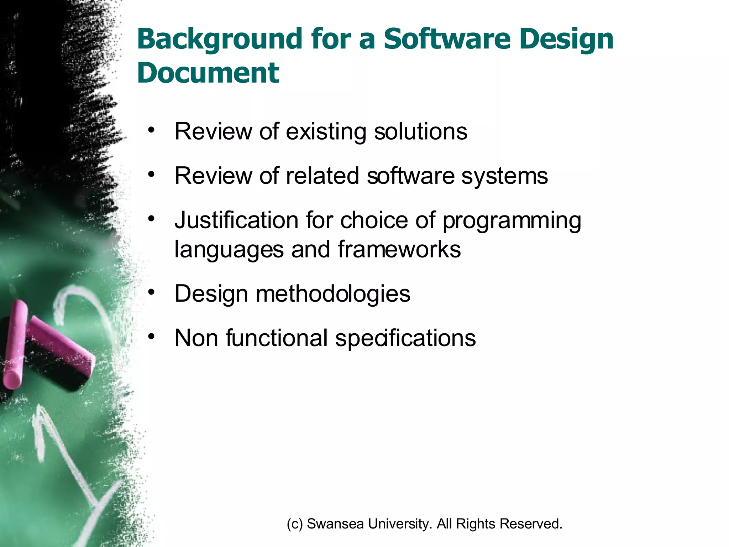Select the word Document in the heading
pyautogui.click(x=208, y=73)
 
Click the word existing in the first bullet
pyautogui.click(x=326, y=132)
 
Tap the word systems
pyautogui.click(x=504, y=176)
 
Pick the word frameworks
pyautogui.click(x=399, y=249)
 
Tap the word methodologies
pyautogui.click(x=333, y=294)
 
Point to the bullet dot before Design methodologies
pyautogui.click(x=152, y=292)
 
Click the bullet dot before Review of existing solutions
pyautogui.click(x=152, y=130)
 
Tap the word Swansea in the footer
pyautogui.click(x=335, y=524)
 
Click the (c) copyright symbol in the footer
pyautogui.click(x=295, y=524)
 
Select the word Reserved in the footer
pyautogui.click(x=531, y=524)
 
